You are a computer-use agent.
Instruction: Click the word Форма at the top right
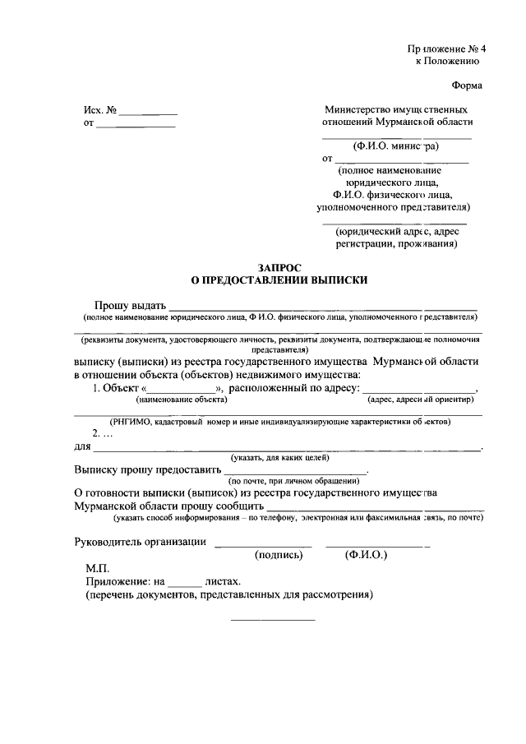click(467, 85)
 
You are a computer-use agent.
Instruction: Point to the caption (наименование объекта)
click(182, 400)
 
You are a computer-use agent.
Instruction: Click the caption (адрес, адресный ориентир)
click(421, 400)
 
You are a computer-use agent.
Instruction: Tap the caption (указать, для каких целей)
click(279, 455)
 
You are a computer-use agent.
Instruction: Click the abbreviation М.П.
click(98, 568)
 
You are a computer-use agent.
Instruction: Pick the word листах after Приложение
click(228, 580)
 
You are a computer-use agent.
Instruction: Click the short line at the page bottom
click(272, 619)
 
